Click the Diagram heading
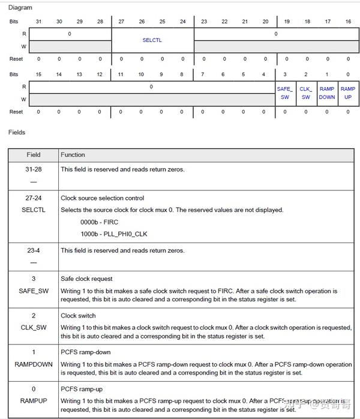point(20,8)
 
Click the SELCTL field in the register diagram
point(152,40)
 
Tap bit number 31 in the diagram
point(39,21)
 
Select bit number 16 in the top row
point(348,21)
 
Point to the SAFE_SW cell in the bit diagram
point(284,93)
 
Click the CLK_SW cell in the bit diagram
point(306,93)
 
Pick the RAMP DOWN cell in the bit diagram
point(327,93)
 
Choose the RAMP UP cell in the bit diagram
point(348,93)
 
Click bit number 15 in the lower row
point(39,74)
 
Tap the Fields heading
point(17,132)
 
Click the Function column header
point(73,155)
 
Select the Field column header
point(34,155)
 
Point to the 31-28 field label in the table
point(34,169)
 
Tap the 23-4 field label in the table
point(34,251)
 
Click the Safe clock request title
point(86,279)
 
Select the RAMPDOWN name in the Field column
point(34,364)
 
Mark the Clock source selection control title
point(102,198)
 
